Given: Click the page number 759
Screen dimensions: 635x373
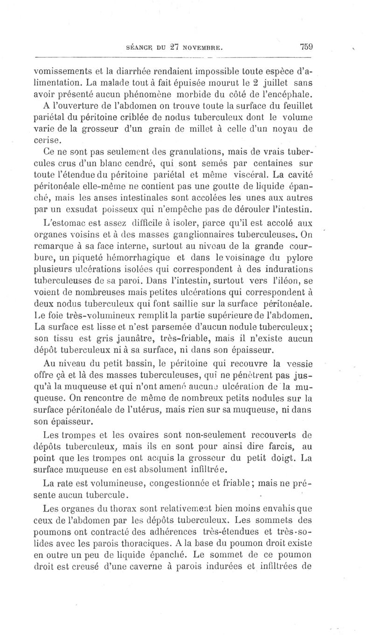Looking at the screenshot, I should click(306, 46).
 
